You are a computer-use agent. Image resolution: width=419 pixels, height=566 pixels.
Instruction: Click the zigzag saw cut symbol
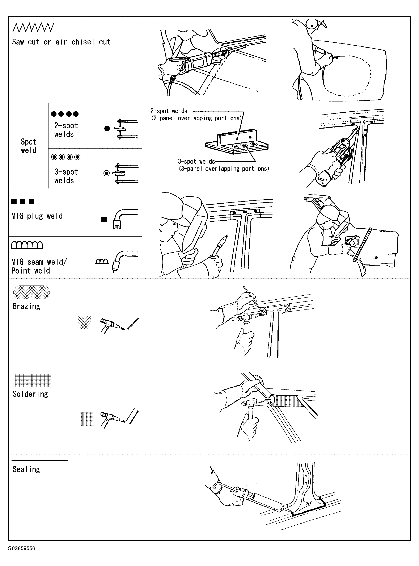click(x=33, y=28)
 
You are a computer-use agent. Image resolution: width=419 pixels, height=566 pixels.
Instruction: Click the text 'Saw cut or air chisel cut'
click(x=61, y=42)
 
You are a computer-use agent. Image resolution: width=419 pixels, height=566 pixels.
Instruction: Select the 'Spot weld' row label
click(x=29, y=146)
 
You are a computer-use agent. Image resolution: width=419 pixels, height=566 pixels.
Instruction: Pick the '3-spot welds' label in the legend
click(x=66, y=176)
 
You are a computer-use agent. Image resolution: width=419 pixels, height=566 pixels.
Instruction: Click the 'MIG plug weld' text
click(x=37, y=216)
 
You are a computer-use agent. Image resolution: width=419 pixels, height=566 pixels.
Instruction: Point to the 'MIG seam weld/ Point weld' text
click(x=39, y=266)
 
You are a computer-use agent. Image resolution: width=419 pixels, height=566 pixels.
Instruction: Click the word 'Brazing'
click(x=26, y=306)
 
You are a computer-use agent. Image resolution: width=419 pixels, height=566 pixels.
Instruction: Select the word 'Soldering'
click(x=30, y=394)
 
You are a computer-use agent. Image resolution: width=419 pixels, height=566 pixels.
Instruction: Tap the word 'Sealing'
click(x=26, y=469)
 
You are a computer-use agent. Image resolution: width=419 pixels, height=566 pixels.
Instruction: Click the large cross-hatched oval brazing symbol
click(x=31, y=292)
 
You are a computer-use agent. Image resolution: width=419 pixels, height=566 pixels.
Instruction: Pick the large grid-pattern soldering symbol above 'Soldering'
click(x=33, y=380)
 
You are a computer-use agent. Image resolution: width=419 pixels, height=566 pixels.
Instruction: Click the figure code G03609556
click(x=22, y=548)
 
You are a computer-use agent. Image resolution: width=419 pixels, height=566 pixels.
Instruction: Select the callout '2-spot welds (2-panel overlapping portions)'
click(x=196, y=115)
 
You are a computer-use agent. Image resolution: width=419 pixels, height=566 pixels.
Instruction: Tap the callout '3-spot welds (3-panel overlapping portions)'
click(x=223, y=165)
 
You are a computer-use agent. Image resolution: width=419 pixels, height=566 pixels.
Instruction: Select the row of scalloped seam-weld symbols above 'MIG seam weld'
click(x=27, y=245)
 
